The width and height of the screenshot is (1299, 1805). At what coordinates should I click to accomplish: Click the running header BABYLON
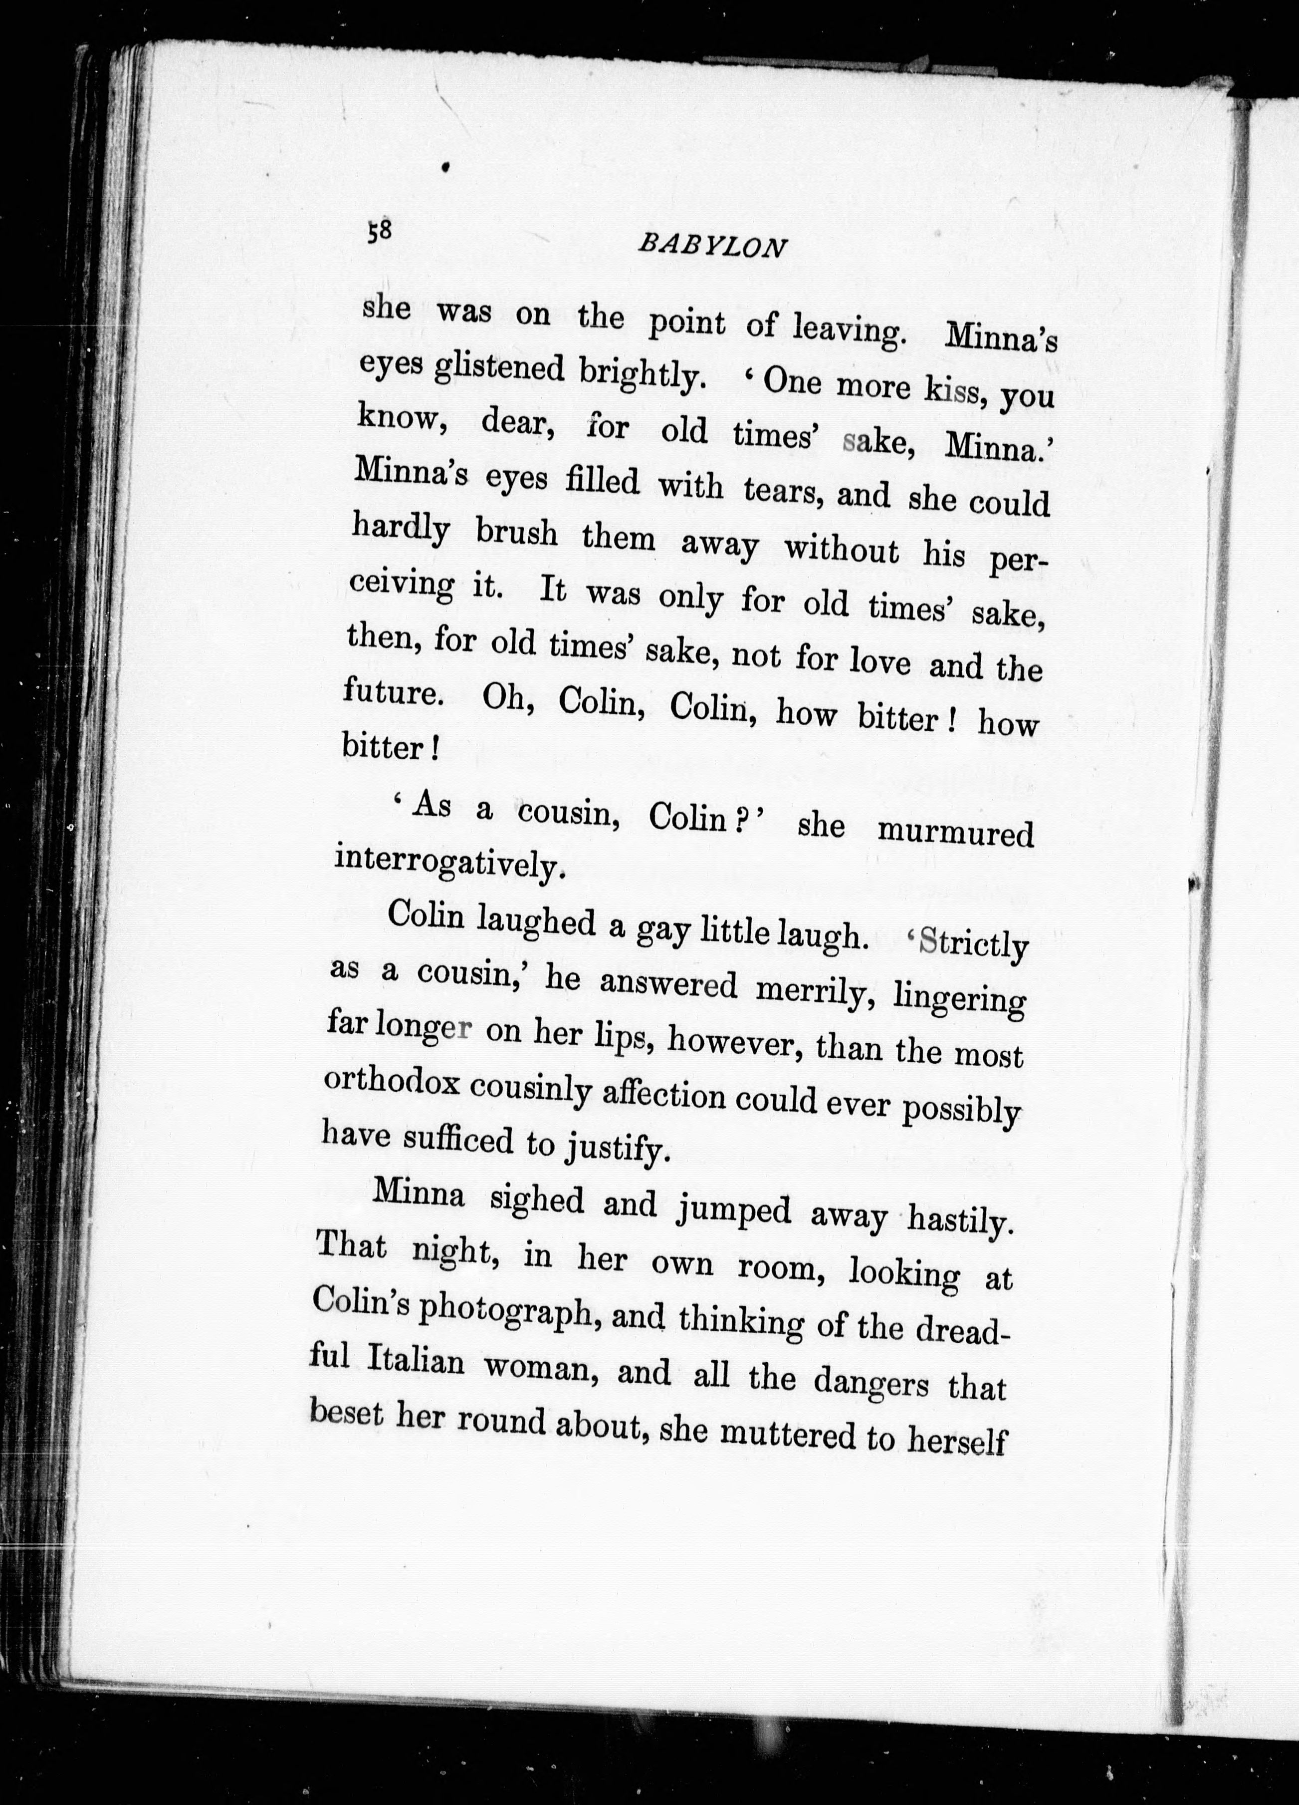click(x=712, y=246)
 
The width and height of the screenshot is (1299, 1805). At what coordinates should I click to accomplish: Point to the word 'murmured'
click(x=955, y=833)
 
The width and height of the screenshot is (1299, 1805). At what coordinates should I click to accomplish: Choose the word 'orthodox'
click(x=390, y=1085)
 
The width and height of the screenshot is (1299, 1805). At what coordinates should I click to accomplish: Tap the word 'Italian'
click(x=416, y=1361)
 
